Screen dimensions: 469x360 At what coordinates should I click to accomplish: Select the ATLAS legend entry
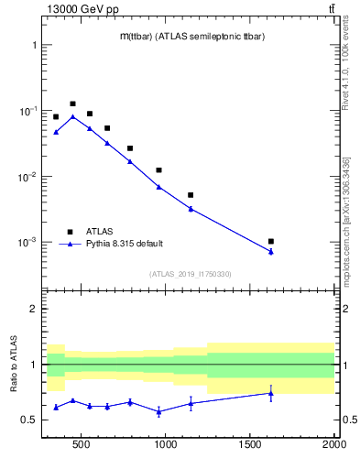coord(99,231)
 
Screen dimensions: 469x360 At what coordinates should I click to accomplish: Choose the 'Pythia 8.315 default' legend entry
coord(125,243)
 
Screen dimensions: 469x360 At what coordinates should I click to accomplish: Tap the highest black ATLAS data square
coord(72,104)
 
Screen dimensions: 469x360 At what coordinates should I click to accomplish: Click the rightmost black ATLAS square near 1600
coord(271,241)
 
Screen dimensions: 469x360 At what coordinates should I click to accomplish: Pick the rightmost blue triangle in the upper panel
coord(271,252)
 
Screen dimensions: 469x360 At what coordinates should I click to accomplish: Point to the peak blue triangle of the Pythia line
coord(72,116)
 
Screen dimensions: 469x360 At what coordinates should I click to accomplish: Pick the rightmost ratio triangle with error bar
coord(271,393)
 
